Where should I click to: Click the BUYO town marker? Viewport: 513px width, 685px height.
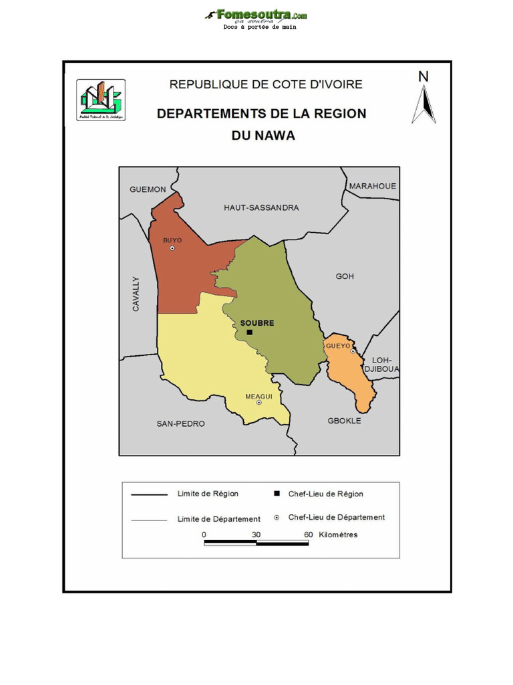pos(172,248)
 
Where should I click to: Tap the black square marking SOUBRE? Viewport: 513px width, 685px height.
pos(249,332)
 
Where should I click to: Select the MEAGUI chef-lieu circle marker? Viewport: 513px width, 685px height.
pos(259,403)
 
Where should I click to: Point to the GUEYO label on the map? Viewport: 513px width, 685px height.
pos(337,345)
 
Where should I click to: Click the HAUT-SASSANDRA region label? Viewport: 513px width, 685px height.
pos(261,208)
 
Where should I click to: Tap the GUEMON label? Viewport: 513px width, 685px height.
pos(148,189)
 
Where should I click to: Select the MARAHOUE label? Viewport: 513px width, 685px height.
pos(373,186)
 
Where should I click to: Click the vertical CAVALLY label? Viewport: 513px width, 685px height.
pos(136,294)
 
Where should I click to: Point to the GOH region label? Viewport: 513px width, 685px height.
pos(345,276)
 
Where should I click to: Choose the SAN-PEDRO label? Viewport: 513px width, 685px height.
pos(180,423)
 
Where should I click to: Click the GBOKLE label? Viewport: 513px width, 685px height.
pos(344,421)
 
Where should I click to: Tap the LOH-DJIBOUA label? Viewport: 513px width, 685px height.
pos(381,364)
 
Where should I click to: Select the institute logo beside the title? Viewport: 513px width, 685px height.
pos(101,100)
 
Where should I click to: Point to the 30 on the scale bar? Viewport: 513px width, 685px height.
pos(256,534)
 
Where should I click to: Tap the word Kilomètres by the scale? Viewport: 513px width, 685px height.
pos(338,534)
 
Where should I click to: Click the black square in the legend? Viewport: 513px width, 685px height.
pos(277,494)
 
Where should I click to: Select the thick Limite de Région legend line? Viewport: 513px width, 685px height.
pos(149,495)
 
